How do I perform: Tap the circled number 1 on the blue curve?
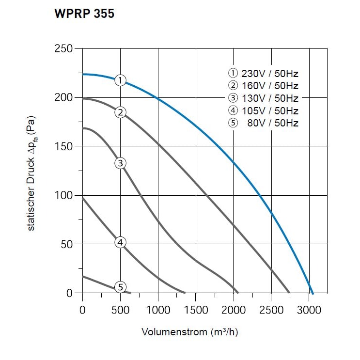(x=121, y=80)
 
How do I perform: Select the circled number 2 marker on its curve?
(x=121, y=112)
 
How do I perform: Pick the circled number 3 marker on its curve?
(x=121, y=163)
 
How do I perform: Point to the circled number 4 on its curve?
(x=121, y=242)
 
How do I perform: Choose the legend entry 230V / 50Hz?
(x=263, y=74)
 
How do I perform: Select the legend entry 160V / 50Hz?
(x=263, y=86)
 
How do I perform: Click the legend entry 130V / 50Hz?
(x=263, y=98)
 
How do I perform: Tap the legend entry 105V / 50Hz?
(x=263, y=110)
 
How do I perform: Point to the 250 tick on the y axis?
(x=63, y=49)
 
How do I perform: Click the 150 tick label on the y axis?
(x=63, y=146)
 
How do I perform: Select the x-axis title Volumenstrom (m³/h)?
(x=190, y=332)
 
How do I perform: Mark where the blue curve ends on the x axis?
(x=313, y=293)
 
